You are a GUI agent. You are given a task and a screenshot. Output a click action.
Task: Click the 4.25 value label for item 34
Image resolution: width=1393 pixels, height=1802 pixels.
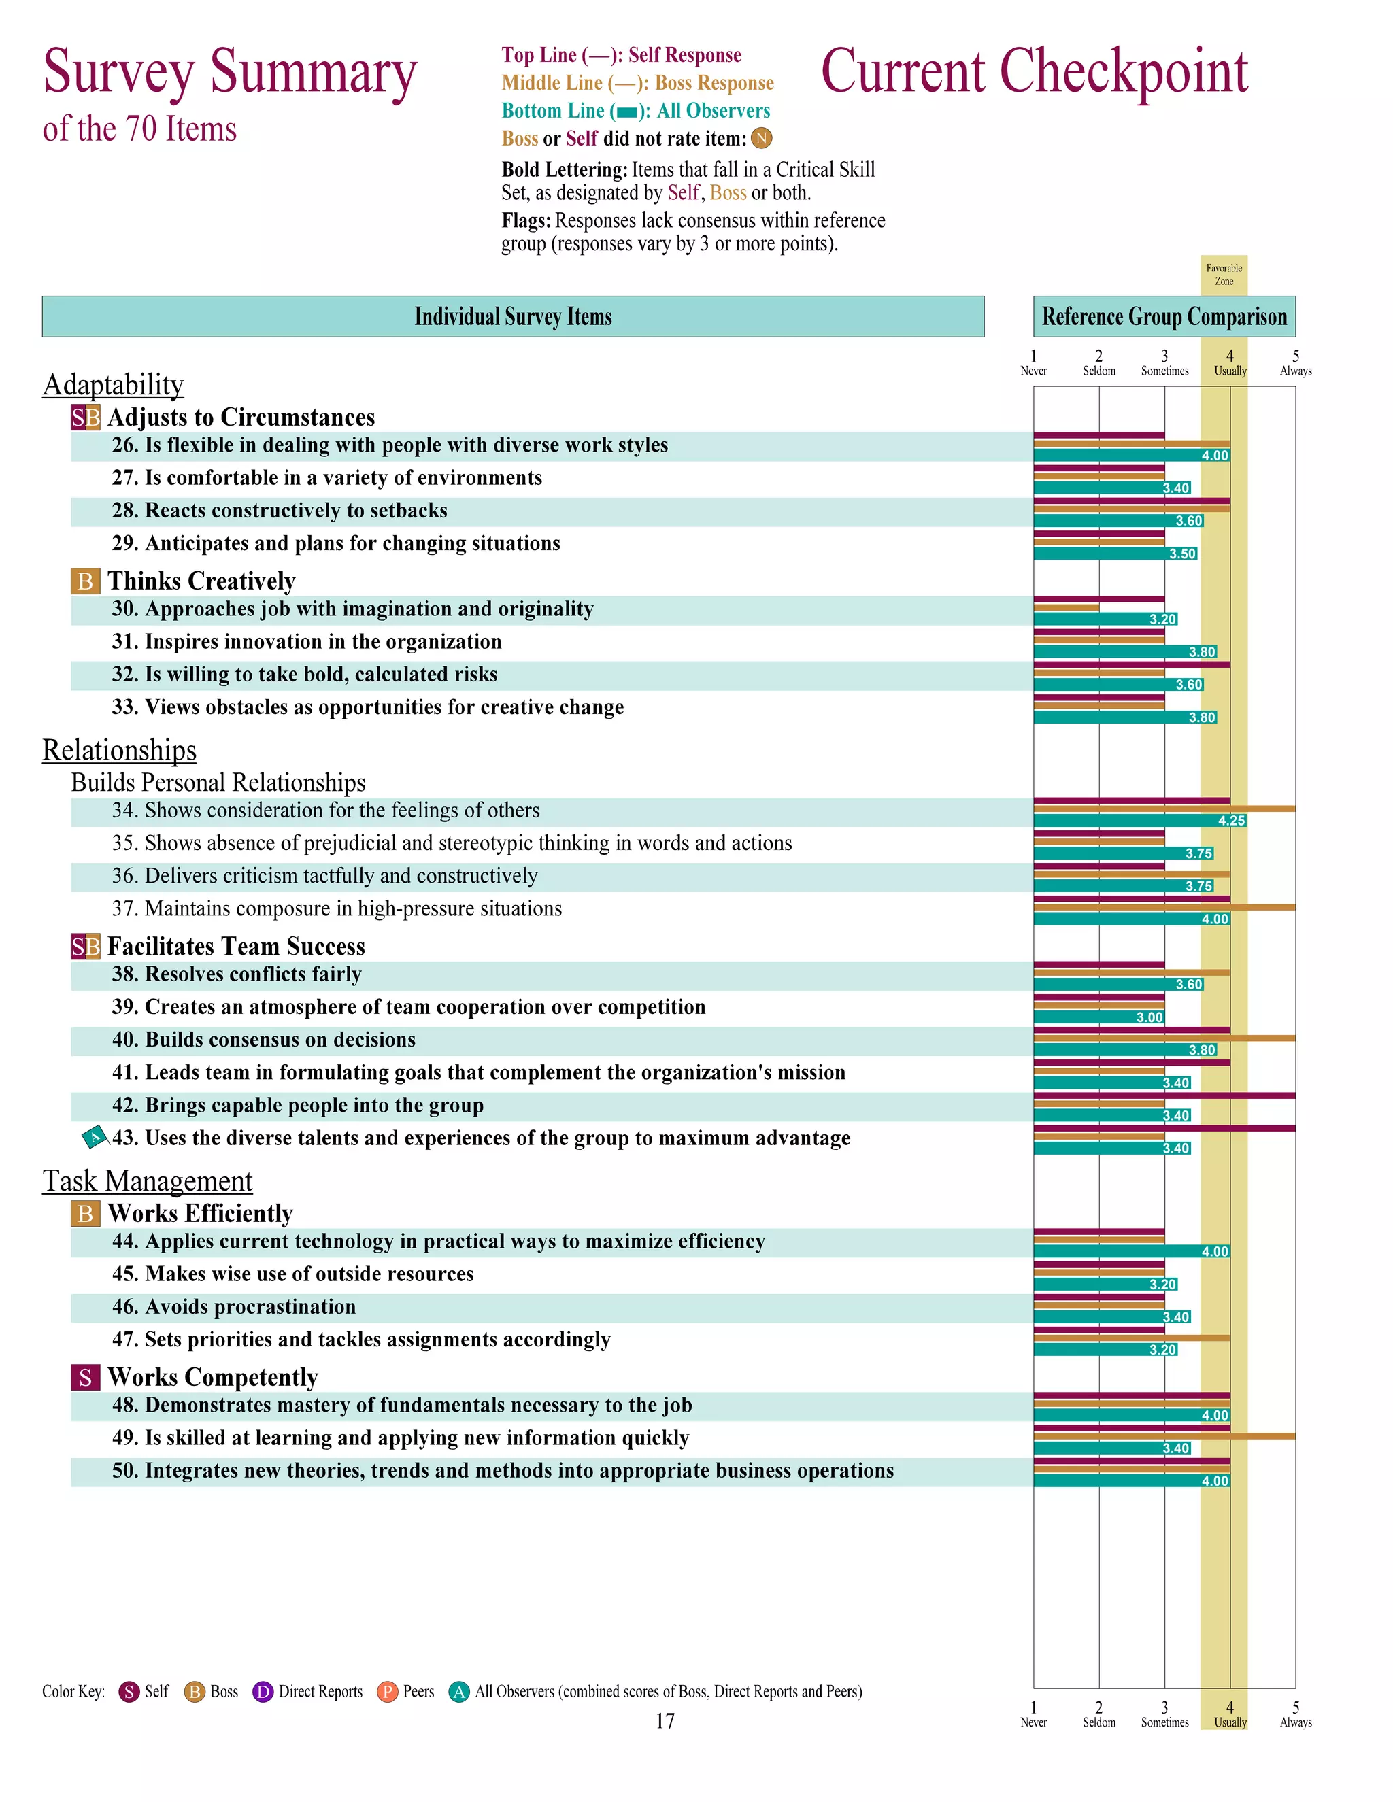(1231, 820)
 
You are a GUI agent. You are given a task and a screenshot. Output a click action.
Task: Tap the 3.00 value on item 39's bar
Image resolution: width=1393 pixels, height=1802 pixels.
(1149, 1017)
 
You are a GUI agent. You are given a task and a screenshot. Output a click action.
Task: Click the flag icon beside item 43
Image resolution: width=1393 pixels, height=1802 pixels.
(95, 1138)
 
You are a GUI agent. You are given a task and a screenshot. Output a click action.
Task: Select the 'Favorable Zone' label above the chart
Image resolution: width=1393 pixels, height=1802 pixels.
(1224, 275)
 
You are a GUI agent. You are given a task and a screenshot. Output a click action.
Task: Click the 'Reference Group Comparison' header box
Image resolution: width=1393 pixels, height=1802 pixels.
(1164, 317)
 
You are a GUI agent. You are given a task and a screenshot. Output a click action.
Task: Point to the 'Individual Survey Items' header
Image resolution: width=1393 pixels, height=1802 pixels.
(512, 317)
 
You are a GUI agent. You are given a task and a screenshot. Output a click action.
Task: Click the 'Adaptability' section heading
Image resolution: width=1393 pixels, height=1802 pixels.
(113, 384)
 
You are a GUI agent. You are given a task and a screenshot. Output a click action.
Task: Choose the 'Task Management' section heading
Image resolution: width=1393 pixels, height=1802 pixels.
(148, 1180)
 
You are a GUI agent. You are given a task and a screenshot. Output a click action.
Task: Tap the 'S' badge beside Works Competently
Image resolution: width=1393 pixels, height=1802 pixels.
(85, 1377)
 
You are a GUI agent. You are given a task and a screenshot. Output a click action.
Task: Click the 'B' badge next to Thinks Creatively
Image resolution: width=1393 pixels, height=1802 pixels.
(85, 581)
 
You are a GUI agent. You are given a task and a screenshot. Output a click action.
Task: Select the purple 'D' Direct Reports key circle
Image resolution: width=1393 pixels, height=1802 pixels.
(263, 1693)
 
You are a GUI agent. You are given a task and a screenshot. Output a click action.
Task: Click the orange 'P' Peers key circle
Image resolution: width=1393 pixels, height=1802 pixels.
(387, 1693)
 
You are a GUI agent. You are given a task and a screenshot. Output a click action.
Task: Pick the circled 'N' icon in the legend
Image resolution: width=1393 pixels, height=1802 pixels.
(762, 139)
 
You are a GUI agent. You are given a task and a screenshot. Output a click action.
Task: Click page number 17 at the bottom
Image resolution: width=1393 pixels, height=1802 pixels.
(665, 1721)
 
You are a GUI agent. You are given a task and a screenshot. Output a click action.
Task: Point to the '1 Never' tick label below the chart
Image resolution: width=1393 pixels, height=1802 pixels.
(1033, 1714)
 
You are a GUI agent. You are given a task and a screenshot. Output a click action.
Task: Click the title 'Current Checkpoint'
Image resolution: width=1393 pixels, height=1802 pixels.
(1034, 73)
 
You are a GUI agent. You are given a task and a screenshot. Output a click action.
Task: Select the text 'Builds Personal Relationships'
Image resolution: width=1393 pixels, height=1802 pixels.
(218, 782)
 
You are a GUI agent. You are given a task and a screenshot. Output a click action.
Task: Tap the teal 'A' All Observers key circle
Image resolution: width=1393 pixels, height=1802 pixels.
(459, 1693)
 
